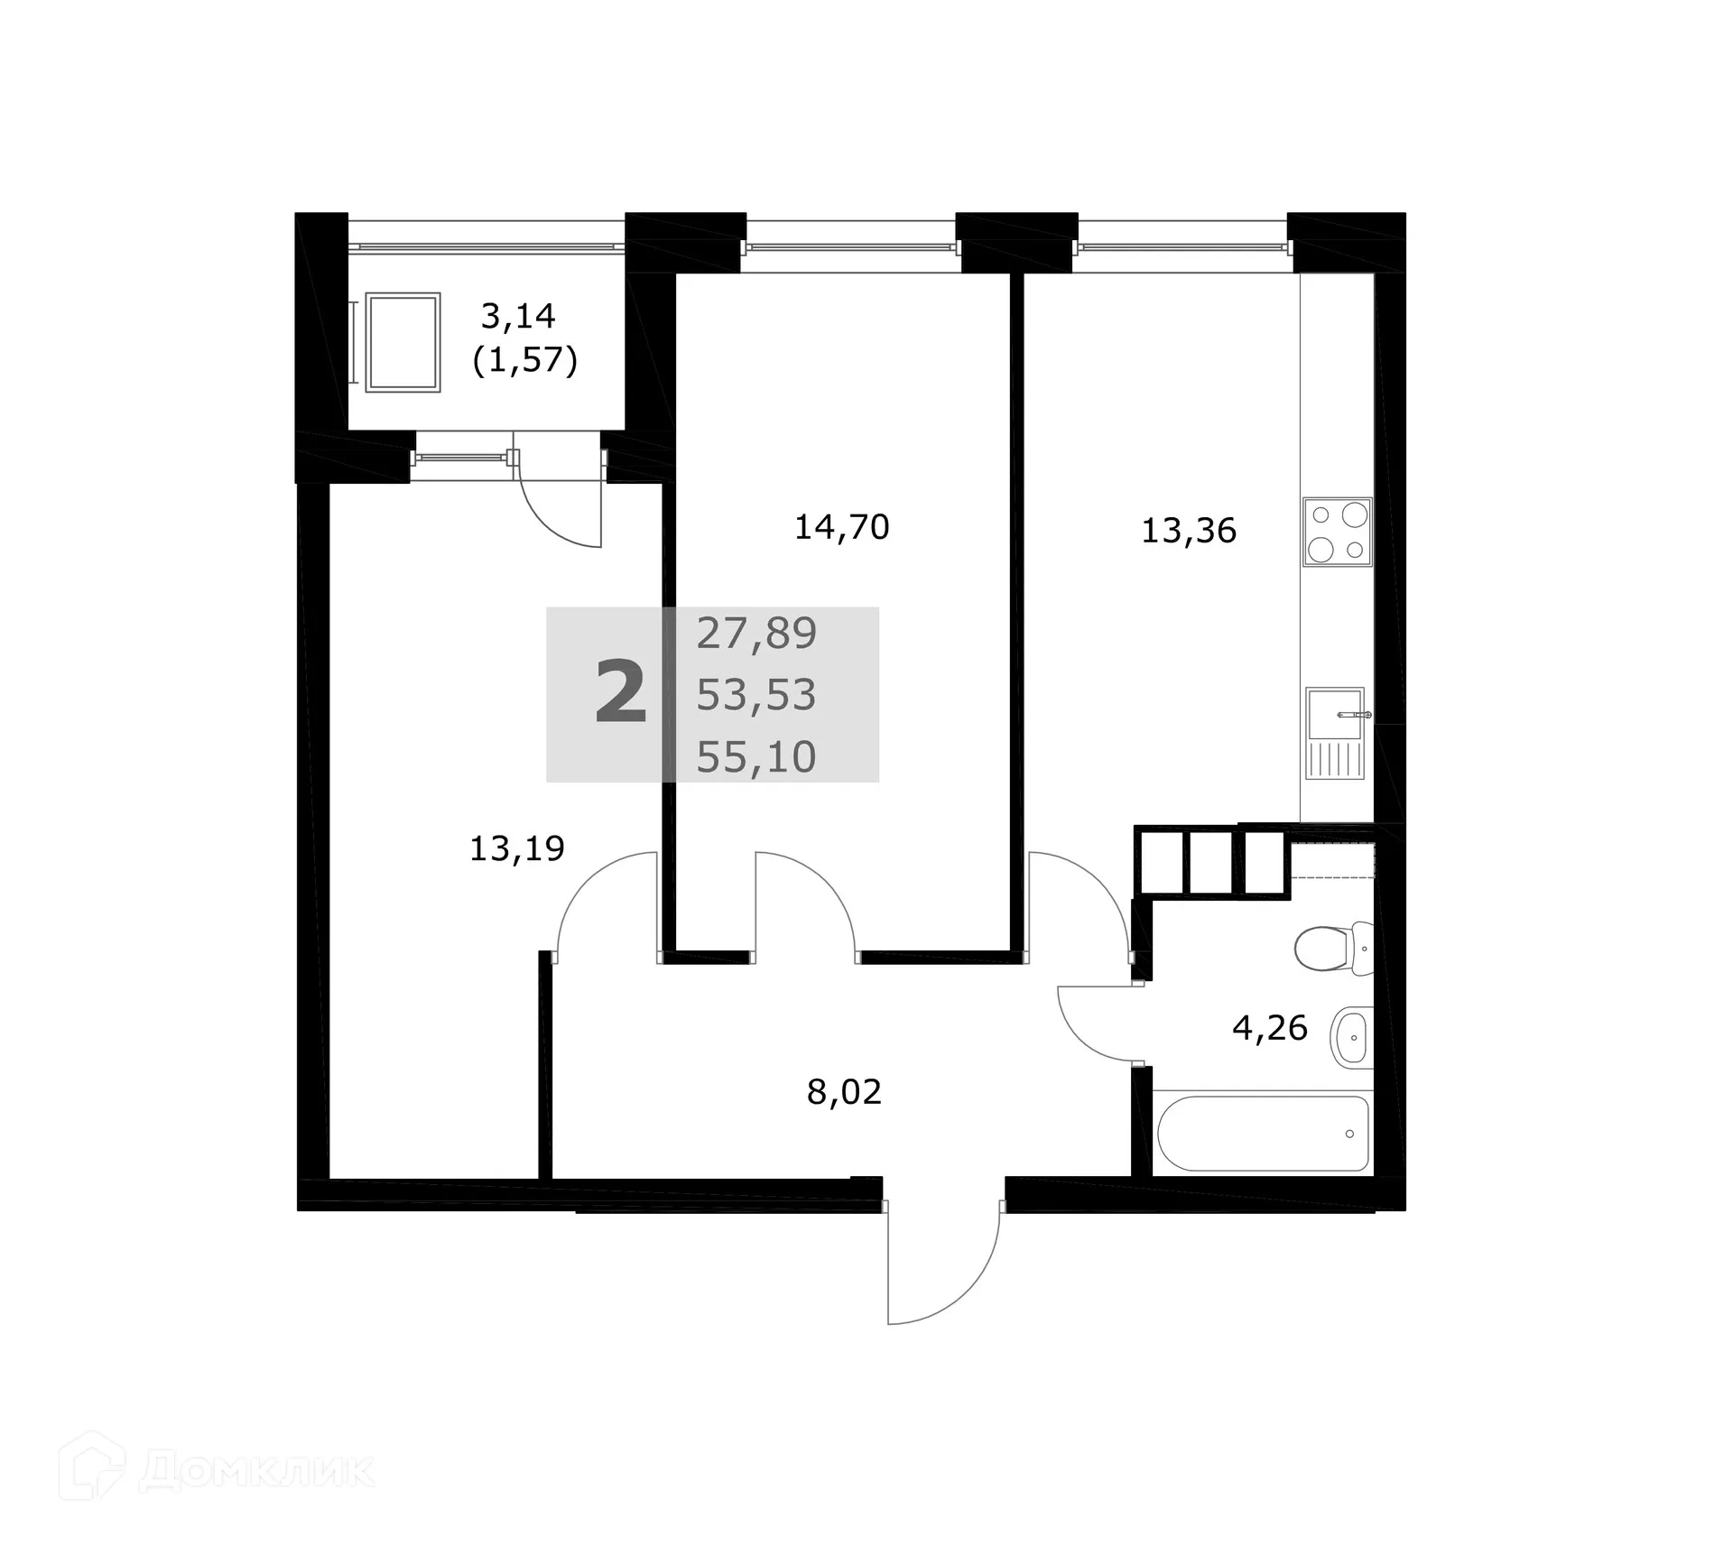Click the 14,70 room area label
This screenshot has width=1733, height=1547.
click(841, 527)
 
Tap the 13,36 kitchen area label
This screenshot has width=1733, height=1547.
click(1189, 531)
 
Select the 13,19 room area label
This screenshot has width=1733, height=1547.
click(517, 848)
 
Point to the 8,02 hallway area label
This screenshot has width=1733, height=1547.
click(844, 1092)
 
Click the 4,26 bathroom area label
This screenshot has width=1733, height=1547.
click(1270, 1027)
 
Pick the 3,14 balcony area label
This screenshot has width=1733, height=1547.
click(518, 316)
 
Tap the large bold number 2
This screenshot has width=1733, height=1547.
click(621, 693)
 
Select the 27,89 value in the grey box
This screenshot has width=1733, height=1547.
click(756, 634)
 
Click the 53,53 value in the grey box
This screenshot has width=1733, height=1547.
click(756, 695)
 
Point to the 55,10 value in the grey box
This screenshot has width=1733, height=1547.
click(756, 756)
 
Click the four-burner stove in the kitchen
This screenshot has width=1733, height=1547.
click(1337, 532)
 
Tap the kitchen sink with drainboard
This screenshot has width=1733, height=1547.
click(1335, 733)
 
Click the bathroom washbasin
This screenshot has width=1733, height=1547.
click(1351, 1037)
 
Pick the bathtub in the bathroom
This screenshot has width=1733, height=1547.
click(1263, 1133)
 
